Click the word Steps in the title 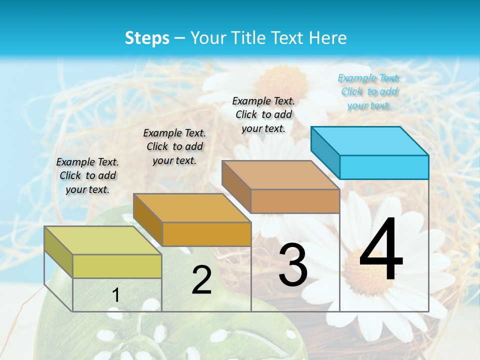[x=147, y=38]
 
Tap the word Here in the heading [x=327, y=38]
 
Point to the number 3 [x=293, y=264]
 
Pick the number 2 [x=201, y=280]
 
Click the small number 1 [x=116, y=295]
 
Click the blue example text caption [x=369, y=91]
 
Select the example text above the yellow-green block [x=87, y=175]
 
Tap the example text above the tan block [x=263, y=114]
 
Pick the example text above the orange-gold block [x=174, y=146]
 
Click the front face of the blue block [x=384, y=167]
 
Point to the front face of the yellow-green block [x=117, y=266]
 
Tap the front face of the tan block [x=295, y=201]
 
